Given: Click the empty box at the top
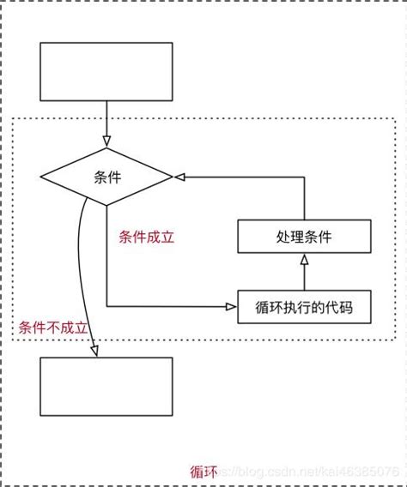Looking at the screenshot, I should (x=106, y=71).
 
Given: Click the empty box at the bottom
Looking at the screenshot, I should (x=106, y=387).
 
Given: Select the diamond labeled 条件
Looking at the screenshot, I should (x=106, y=177).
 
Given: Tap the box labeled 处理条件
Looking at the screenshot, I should (x=303, y=237).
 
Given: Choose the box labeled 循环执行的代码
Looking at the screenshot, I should (x=304, y=306).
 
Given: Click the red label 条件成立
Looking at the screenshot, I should (x=146, y=237).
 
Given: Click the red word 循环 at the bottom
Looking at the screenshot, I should (x=203, y=472).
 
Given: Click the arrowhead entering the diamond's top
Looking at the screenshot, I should (x=106, y=142).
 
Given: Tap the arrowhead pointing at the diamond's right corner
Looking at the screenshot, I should (x=179, y=177).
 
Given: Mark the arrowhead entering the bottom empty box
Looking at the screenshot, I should (x=94, y=352).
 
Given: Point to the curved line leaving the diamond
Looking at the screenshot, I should (x=81, y=257).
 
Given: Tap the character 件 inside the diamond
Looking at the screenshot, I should (x=114, y=177).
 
